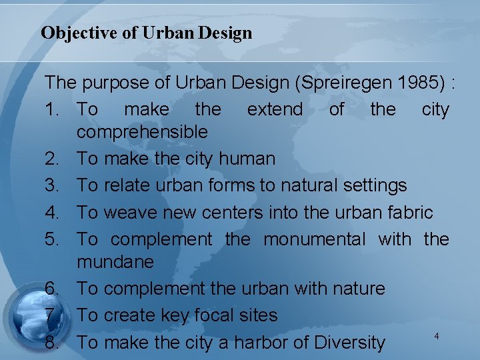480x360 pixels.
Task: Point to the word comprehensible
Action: [142, 132]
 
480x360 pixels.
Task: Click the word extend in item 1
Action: [275, 109]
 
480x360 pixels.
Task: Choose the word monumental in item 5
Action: [315, 239]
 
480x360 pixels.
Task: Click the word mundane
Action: [115, 262]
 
